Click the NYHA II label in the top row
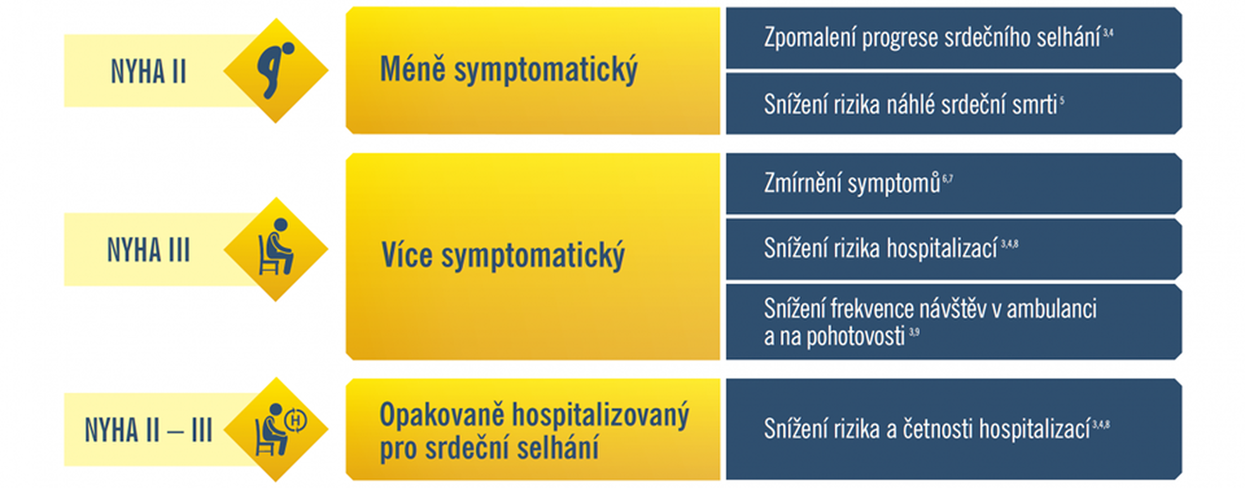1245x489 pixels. click(x=149, y=71)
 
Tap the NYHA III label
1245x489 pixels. click(x=149, y=250)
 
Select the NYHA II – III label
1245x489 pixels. click(x=149, y=430)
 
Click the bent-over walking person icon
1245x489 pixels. click(x=276, y=70)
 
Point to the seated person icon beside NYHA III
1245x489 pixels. click(x=276, y=247)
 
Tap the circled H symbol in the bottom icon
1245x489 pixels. click(x=295, y=421)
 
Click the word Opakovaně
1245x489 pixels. click(x=442, y=416)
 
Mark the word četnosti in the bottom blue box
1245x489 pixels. click(x=938, y=429)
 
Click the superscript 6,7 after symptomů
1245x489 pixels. click(x=948, y=179)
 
